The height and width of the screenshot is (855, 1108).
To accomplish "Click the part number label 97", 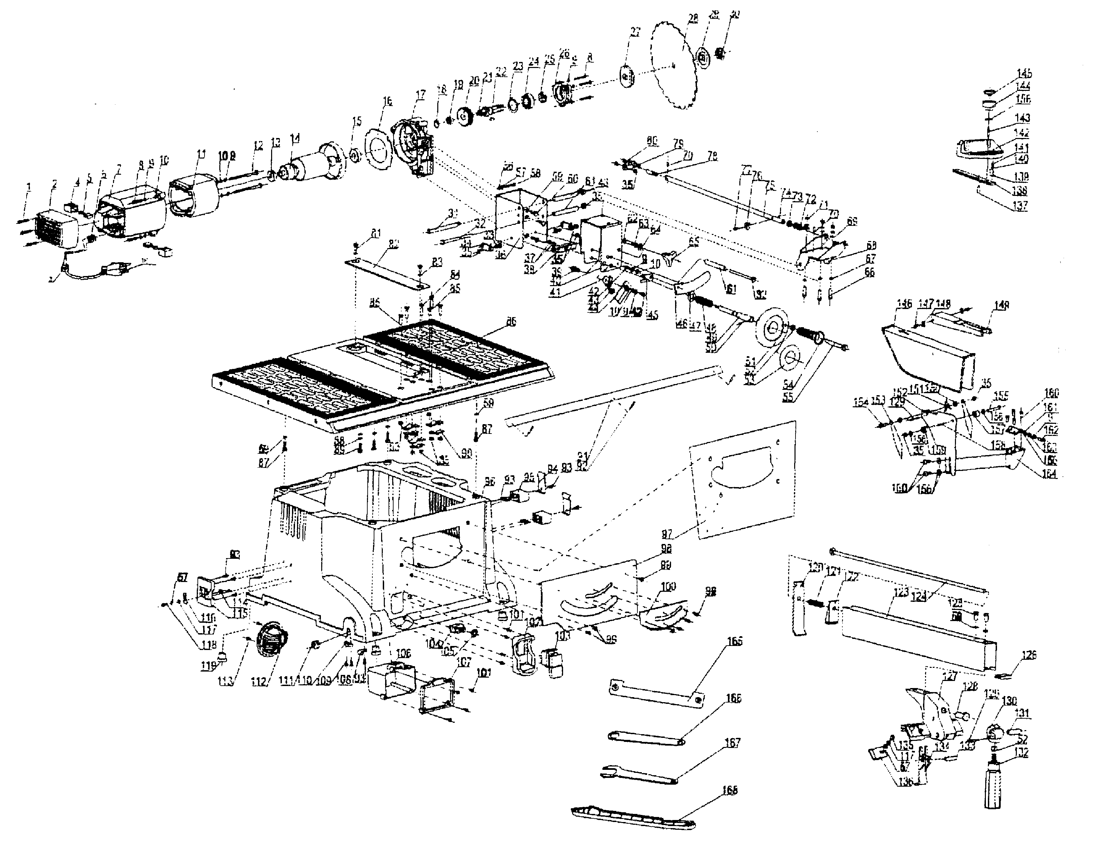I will (667, 534).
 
